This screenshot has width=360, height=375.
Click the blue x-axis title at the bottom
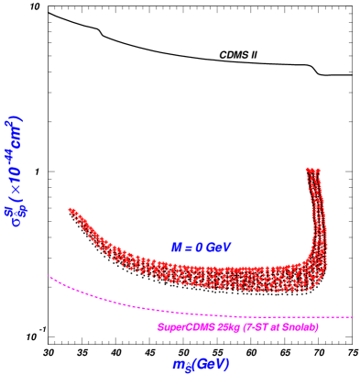201,364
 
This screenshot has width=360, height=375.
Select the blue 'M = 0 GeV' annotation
201,248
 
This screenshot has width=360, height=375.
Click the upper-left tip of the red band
71,211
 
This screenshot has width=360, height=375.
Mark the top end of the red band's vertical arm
312,171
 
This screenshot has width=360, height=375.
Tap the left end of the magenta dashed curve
49,275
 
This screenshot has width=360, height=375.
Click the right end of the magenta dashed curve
351,317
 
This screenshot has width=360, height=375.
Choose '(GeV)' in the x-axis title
212,363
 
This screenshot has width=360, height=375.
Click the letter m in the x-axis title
179,364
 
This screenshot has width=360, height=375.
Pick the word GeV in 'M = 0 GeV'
218,248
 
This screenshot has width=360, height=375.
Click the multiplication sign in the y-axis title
16,195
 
